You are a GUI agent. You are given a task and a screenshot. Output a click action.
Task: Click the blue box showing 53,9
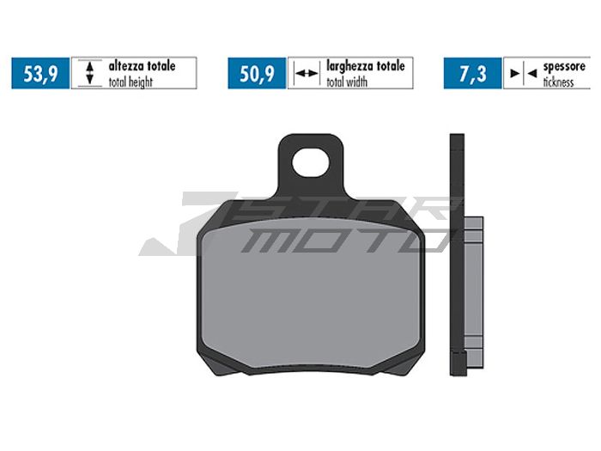[x=40, y=74]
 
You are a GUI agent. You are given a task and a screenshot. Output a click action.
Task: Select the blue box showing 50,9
[x=257, y=74]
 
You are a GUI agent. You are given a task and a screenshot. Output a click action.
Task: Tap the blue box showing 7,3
[x=471, y=74]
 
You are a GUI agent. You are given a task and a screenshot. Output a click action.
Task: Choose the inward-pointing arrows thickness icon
[x=519, y=74]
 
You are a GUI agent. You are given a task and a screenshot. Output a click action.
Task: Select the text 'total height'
[x=133, y=82]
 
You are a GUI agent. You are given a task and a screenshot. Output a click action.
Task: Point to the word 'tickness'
[x=568, y=82]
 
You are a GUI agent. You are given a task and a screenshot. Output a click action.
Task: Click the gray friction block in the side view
[x=473, y=283]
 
